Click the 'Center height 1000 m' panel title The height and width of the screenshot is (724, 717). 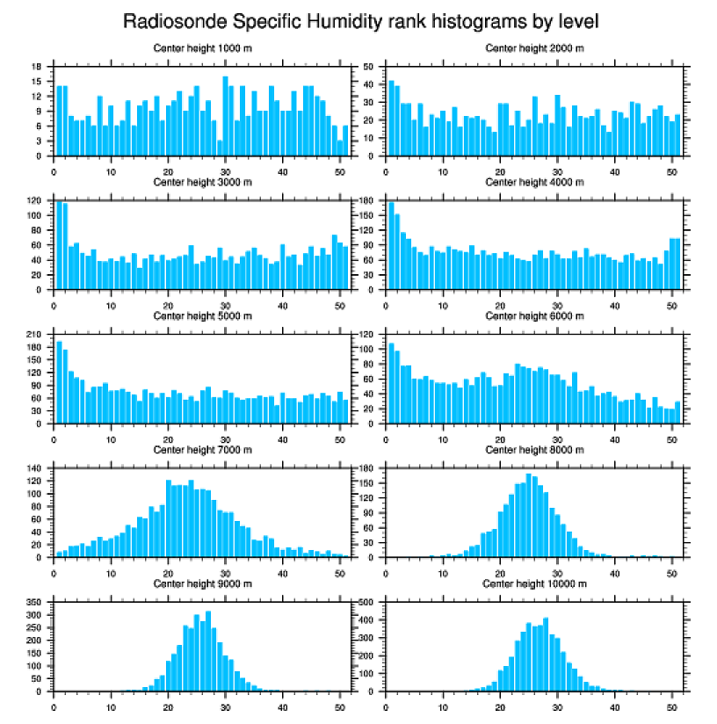pyautogui.click(x=202, y=47)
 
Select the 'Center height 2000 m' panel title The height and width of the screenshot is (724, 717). pyautogui.click(x=534, y=47)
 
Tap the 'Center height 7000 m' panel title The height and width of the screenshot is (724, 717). pyautogui.click(x=202, y=450)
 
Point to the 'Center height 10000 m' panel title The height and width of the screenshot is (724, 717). pyautogui.click(x=534, y=583)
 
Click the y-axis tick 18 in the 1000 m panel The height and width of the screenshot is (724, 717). pyautogui.click(x=38, y=67)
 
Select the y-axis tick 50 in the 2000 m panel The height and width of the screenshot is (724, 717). pyautogui.click(x=370, y=67)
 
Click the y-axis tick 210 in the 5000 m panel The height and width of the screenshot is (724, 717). pyautogui.click(x=36, y=335)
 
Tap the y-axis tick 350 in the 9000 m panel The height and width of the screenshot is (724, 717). pyautogui.click(x=36, y=603)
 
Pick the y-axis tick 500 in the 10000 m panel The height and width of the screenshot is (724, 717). pyautogui.click(x=368, y=603)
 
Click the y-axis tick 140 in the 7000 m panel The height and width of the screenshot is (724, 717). pyautogui.click(x=36, y=469)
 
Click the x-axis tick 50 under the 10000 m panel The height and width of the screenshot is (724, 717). pyautogui.click(x=671, y=705)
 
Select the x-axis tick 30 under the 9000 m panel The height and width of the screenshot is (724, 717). pyautogui.click(x=225, y=705)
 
